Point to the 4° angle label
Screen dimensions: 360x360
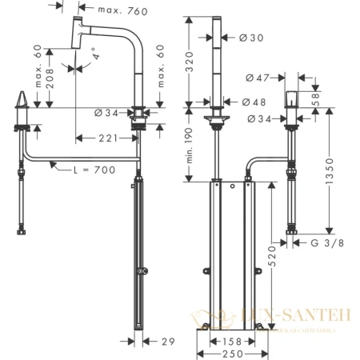click(97, 57)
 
